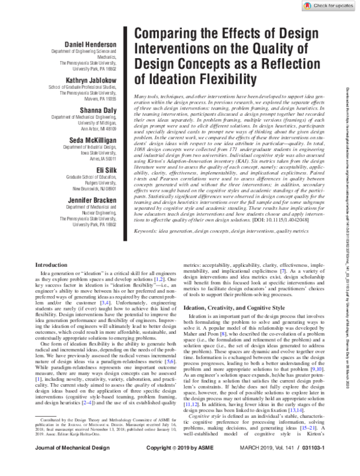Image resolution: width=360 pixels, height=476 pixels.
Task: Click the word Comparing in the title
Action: [167, 34]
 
